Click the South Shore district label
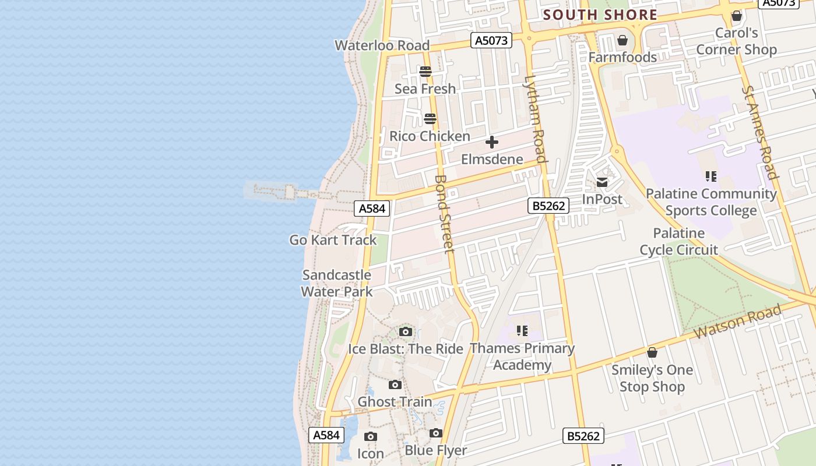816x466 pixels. [x=600, y=15]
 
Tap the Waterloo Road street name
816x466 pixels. [x=382, y=45]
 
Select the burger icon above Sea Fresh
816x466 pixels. [x=425, y=72]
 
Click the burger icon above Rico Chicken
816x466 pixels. [x=430, y=119]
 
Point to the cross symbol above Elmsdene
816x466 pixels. [x=492, y=142]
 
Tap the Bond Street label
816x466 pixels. [x=444, y=214]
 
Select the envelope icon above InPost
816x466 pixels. [x=602, y=182]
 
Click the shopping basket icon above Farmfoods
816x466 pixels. [x=622, y=40]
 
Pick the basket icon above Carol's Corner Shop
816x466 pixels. [x=737, y=16]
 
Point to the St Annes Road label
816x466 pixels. [x=760, y=133]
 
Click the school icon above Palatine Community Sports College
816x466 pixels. [x=711, y=176]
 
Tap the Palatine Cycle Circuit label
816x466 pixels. [x=678, y=242]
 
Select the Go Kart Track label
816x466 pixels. [x=333, y=240]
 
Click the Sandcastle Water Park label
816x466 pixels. [x=337, y=283]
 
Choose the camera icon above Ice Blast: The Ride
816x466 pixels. [x=406, y=332]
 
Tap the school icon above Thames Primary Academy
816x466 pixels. [x=522, y=331]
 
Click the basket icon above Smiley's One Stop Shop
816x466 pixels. [x=652, y=352]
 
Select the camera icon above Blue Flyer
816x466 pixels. [x=436, y=433]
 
